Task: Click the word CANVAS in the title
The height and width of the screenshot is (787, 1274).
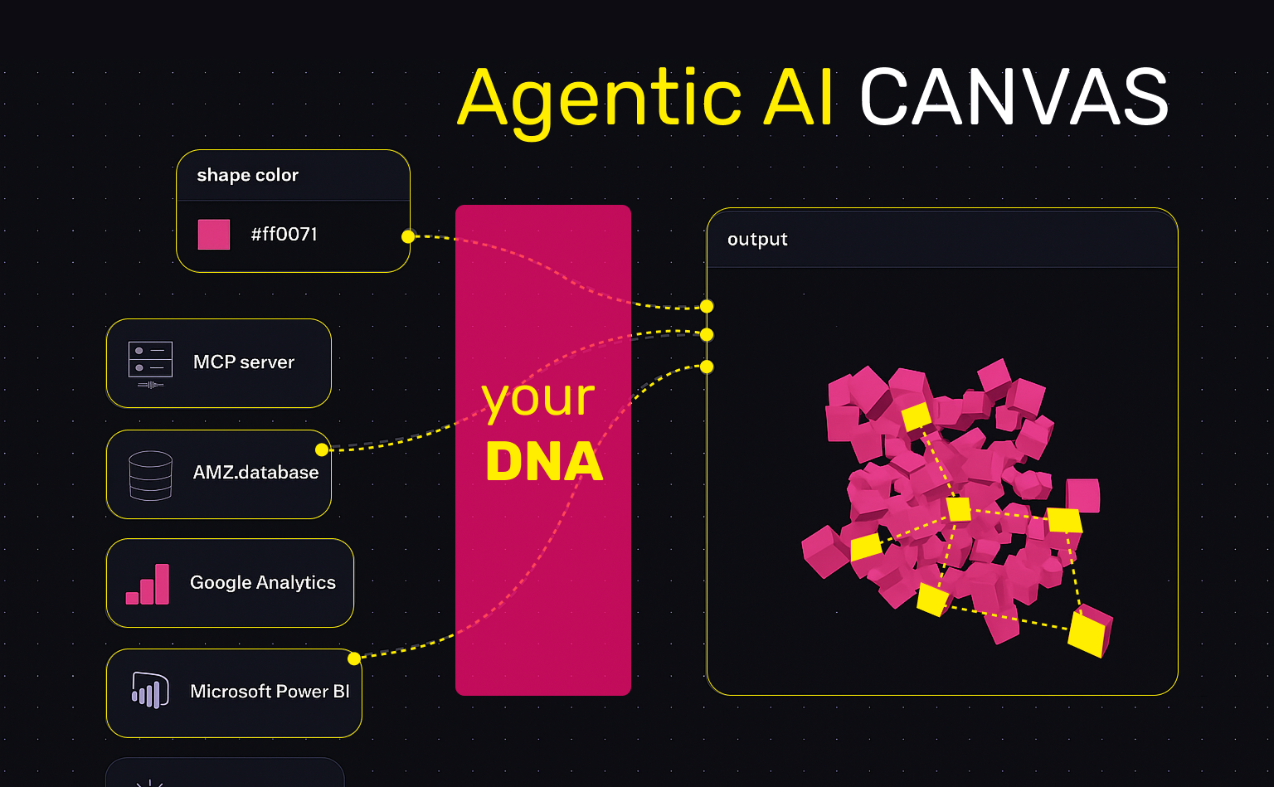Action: click(1014, 98)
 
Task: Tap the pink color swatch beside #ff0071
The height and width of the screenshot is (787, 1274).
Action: click(214, 235)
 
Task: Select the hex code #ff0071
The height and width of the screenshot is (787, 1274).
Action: click(284, 235)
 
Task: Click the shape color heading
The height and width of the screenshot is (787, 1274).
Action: click(247, 175)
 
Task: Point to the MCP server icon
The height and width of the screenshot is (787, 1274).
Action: click(150, 363)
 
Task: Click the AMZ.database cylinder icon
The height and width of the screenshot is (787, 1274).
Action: click(150, 475)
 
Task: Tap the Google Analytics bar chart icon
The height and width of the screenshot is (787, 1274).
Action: click(148, 585)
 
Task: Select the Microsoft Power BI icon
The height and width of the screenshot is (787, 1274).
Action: click(150, 691)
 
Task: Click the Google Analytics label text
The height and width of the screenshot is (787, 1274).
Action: click(263, 583)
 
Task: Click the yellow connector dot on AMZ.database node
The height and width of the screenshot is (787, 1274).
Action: click(322, 449)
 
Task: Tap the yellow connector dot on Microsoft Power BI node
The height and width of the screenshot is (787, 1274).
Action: click(354, 658)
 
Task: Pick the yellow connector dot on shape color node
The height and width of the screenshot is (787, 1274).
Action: click(407, 236)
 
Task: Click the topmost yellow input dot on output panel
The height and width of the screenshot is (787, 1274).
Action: click(707, 306)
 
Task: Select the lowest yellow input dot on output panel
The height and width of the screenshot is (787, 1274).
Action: click(707, 367)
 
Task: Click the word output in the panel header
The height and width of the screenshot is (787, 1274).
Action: click(757, 240)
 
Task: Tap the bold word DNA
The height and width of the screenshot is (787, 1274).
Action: click(544, 463)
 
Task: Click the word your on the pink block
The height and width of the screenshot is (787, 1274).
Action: click(539, 399)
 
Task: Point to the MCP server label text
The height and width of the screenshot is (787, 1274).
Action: click(244, 362)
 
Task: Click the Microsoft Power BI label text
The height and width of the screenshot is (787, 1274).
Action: click(270, 692)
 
